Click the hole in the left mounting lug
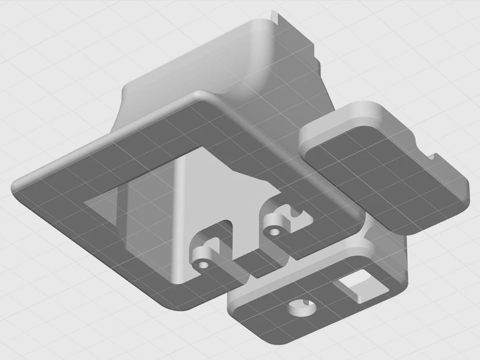[203, 265]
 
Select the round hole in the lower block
[301, 308]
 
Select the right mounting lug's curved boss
[272, 220]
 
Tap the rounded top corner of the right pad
[370, 105]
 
